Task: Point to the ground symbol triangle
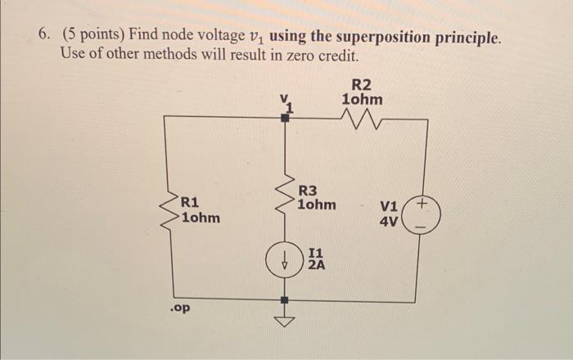[x=286, y=321]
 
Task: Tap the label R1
[x=190, y=201]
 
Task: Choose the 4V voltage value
[x=388, y=222]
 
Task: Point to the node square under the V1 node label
[x=286, y=118]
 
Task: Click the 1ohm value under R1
[x=200, y=218]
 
